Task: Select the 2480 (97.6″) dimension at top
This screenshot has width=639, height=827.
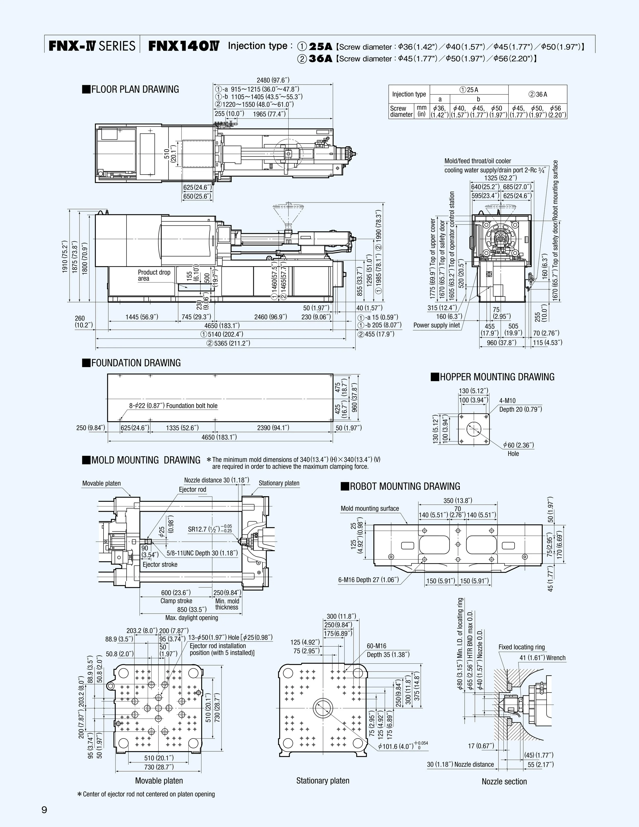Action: coord(272,80)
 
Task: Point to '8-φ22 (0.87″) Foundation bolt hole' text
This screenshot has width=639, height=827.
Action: coord(173,405)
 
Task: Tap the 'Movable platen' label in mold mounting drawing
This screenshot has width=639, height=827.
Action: coord(101,483)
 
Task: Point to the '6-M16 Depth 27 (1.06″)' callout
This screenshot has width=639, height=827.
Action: coord(368,580)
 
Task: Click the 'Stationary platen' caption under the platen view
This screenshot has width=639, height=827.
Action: coord(323,780)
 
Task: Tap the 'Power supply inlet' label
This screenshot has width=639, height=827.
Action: coord(437,325)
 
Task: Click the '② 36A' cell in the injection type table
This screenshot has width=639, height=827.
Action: coord(538,94)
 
